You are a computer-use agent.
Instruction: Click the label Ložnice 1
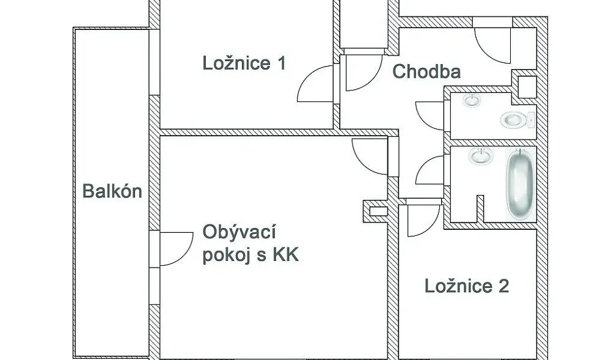click(x=244, y=63)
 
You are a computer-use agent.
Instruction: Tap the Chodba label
click(x=426, y=72)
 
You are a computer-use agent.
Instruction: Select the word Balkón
click(x=112, y=191)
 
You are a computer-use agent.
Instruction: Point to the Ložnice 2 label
click(x=466, y=286)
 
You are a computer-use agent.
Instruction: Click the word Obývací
click(x=240, y=233)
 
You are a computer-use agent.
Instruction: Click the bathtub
click(x=520, y=185)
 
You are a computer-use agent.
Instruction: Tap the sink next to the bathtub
click(x=481, y=155)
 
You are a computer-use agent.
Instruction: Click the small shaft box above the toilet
click(x=527, y=87)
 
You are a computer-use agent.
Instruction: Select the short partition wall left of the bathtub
click(x=480, y=209)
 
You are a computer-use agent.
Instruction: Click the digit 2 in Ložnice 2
click(x=503, y=286)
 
